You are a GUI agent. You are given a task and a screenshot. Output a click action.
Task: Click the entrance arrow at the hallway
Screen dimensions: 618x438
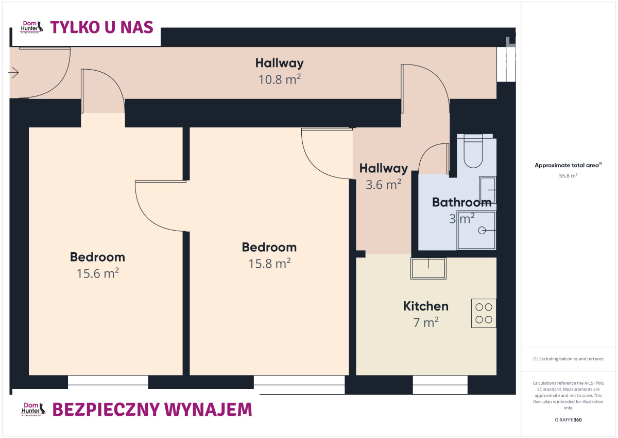(13, 73)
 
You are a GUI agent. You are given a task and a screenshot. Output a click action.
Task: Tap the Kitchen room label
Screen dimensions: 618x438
(426, 306)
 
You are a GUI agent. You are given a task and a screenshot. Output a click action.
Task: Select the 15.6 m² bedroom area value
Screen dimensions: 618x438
(98, 273)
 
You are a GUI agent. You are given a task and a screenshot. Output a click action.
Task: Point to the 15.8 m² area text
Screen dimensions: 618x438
(269, 263)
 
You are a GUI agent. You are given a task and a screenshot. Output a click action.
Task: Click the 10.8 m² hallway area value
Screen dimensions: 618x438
(279, 79)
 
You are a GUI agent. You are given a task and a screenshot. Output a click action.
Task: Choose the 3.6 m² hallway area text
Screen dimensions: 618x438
(384, 185)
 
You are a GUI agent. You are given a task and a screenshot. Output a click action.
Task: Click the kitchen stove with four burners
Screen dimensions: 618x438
(484, 313)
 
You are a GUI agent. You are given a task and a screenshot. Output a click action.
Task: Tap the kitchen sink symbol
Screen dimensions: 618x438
(428, 268)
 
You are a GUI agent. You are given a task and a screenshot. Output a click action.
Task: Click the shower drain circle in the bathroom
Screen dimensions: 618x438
(482, 230)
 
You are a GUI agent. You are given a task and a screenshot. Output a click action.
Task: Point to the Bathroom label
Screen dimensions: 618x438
(461, 202)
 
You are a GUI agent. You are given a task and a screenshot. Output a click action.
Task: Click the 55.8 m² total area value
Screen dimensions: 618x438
(568, 176)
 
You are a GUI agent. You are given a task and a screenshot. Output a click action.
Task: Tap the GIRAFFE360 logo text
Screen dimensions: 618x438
(568, 420)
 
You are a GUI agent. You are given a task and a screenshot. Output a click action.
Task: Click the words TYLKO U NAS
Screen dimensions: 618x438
(101, 27)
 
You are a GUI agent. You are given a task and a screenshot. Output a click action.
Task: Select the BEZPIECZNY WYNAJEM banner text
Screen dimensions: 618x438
(152, 410)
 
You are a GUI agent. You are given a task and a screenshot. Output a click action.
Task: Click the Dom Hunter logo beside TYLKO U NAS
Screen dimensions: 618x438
(32, 27)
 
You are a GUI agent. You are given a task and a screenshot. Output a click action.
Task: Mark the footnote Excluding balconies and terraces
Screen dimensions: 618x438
(568, 359)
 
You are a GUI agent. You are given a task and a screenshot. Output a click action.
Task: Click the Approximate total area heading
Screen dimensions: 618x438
(568, 165)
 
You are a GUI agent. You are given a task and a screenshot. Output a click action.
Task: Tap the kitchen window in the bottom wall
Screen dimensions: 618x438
(440, 385)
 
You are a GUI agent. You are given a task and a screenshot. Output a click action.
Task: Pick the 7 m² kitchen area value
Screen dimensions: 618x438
(426, 322)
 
